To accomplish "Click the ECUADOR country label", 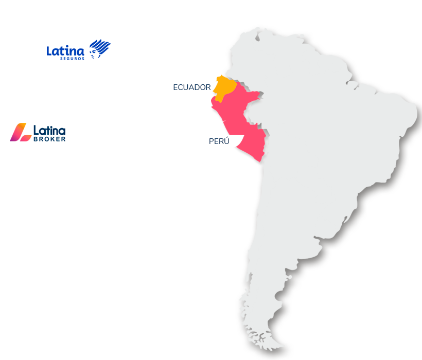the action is point(192,87).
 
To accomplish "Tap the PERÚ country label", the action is point(219,141).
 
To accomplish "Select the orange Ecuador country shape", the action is point(224,86).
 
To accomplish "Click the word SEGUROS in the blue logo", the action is point(72,58).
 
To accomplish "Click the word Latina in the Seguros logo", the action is point(65,50).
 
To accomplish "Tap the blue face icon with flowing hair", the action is point(99,49).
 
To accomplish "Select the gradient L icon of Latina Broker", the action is point(21,132).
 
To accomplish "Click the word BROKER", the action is point(49,139).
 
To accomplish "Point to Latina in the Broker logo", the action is point(49,131).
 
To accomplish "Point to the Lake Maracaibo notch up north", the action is point(257,37).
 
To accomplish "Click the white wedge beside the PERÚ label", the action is point(237,140).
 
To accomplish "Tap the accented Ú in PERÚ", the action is point(226,140).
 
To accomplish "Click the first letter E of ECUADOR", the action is point(175,87).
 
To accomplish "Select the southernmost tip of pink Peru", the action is point(259,161).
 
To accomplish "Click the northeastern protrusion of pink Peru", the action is point(258,94).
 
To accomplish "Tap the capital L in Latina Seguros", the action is point(50,51).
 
